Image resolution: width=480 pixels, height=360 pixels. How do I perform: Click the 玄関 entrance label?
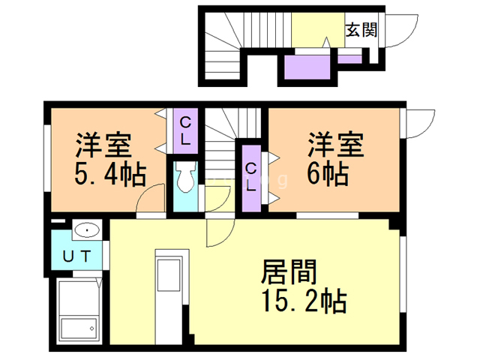click(x=361, y=30)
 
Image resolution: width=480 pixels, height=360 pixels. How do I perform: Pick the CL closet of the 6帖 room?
click(x=251, y=178)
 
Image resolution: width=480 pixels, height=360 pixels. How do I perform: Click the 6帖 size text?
click(x=326, y=174)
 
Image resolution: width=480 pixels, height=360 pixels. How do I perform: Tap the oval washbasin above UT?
click(x=87, y=230)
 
